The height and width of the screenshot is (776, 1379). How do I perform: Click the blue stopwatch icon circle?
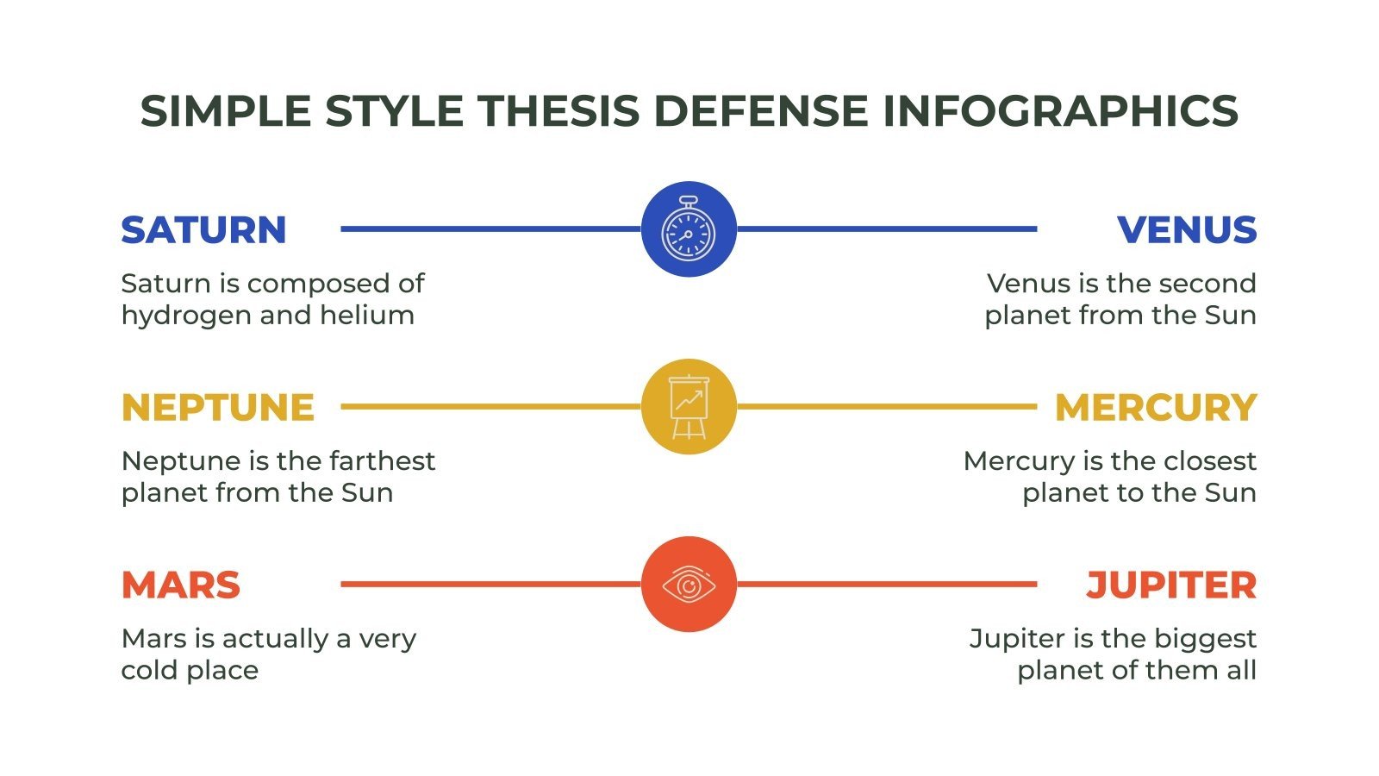689,229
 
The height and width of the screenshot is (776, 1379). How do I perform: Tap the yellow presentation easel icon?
689,407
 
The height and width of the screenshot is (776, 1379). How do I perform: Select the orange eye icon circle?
689,585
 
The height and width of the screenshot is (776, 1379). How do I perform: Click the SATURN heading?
203,230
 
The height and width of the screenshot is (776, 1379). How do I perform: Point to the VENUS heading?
1187,230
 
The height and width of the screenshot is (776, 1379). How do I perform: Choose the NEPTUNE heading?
218,408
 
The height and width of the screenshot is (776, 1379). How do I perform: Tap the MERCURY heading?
1156,408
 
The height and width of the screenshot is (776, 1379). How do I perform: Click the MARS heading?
181,585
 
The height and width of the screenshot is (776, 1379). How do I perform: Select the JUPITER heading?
1170,585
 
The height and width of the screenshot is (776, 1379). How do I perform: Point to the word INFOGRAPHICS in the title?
1060,111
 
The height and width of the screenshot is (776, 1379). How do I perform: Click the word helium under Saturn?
367,315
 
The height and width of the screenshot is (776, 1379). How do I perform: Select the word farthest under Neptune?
382,460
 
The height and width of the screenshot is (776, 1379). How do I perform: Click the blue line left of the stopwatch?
491,229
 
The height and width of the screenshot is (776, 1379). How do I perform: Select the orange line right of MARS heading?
491,585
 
